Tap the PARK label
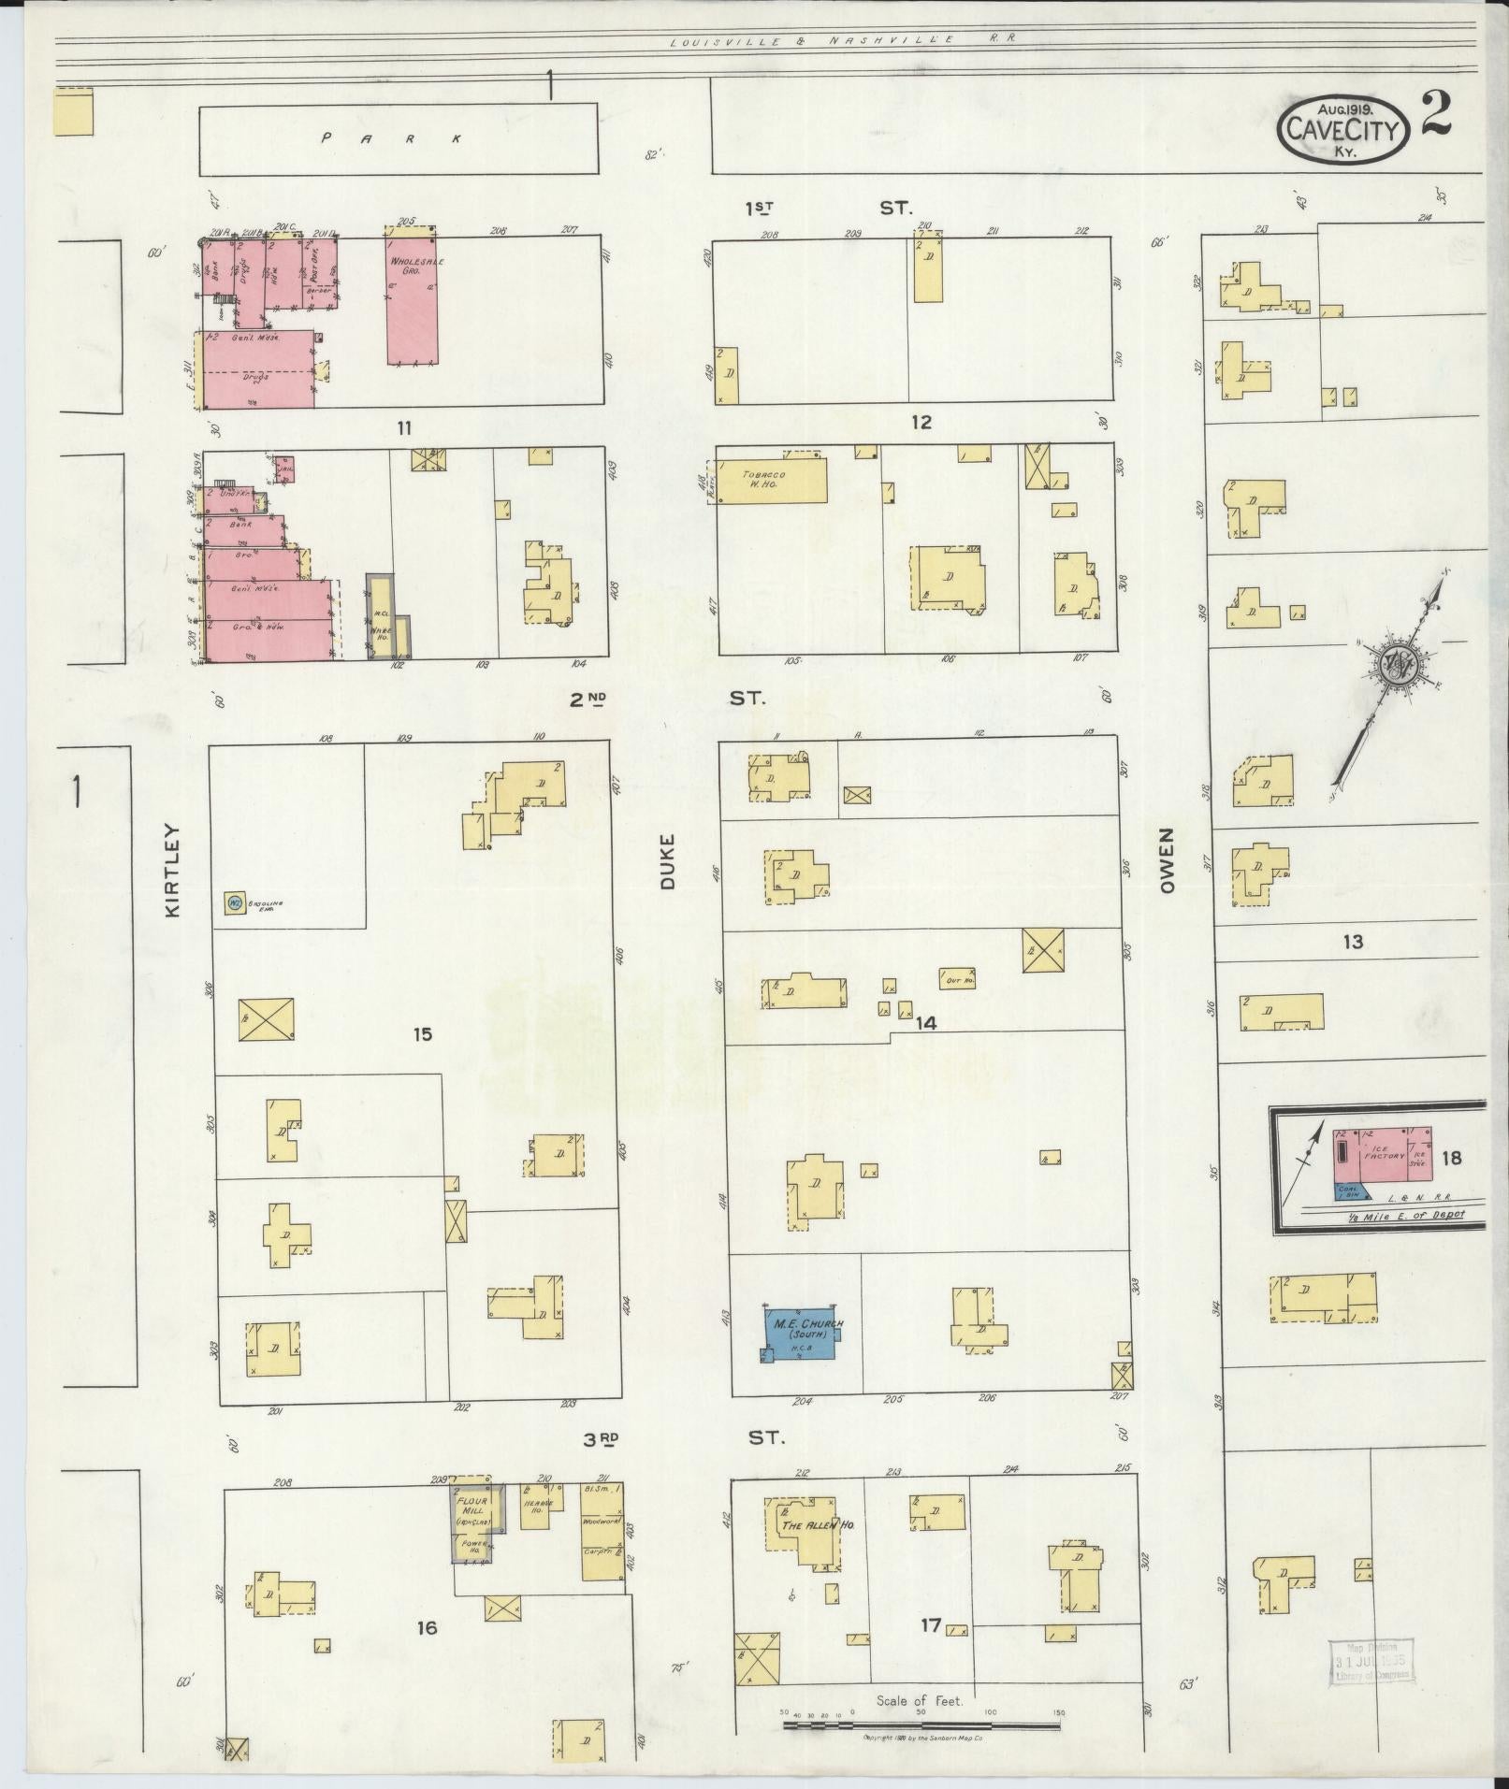click(393, 138)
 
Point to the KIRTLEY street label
click(171, 870)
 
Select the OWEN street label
click(1166, 860)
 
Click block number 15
click(423, 1034)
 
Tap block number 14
click(925, 1023)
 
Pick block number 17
click(929, 1626)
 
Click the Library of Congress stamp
click(1370, 1663)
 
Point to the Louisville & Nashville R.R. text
click(842, 39)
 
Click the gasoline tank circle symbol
click(233, 902)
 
